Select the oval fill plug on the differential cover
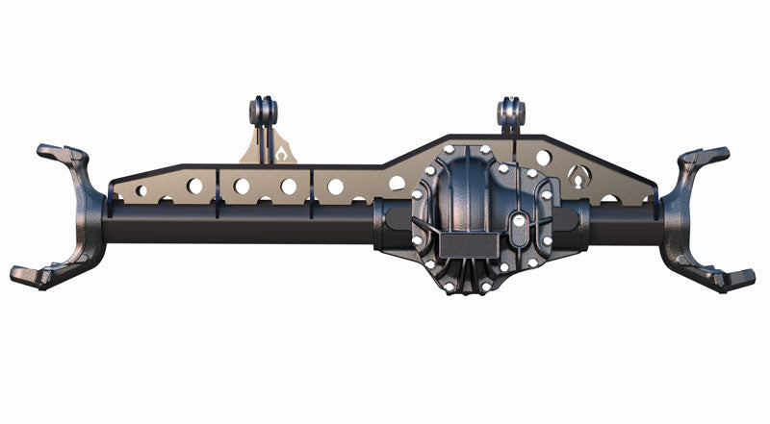coord(517,223)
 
